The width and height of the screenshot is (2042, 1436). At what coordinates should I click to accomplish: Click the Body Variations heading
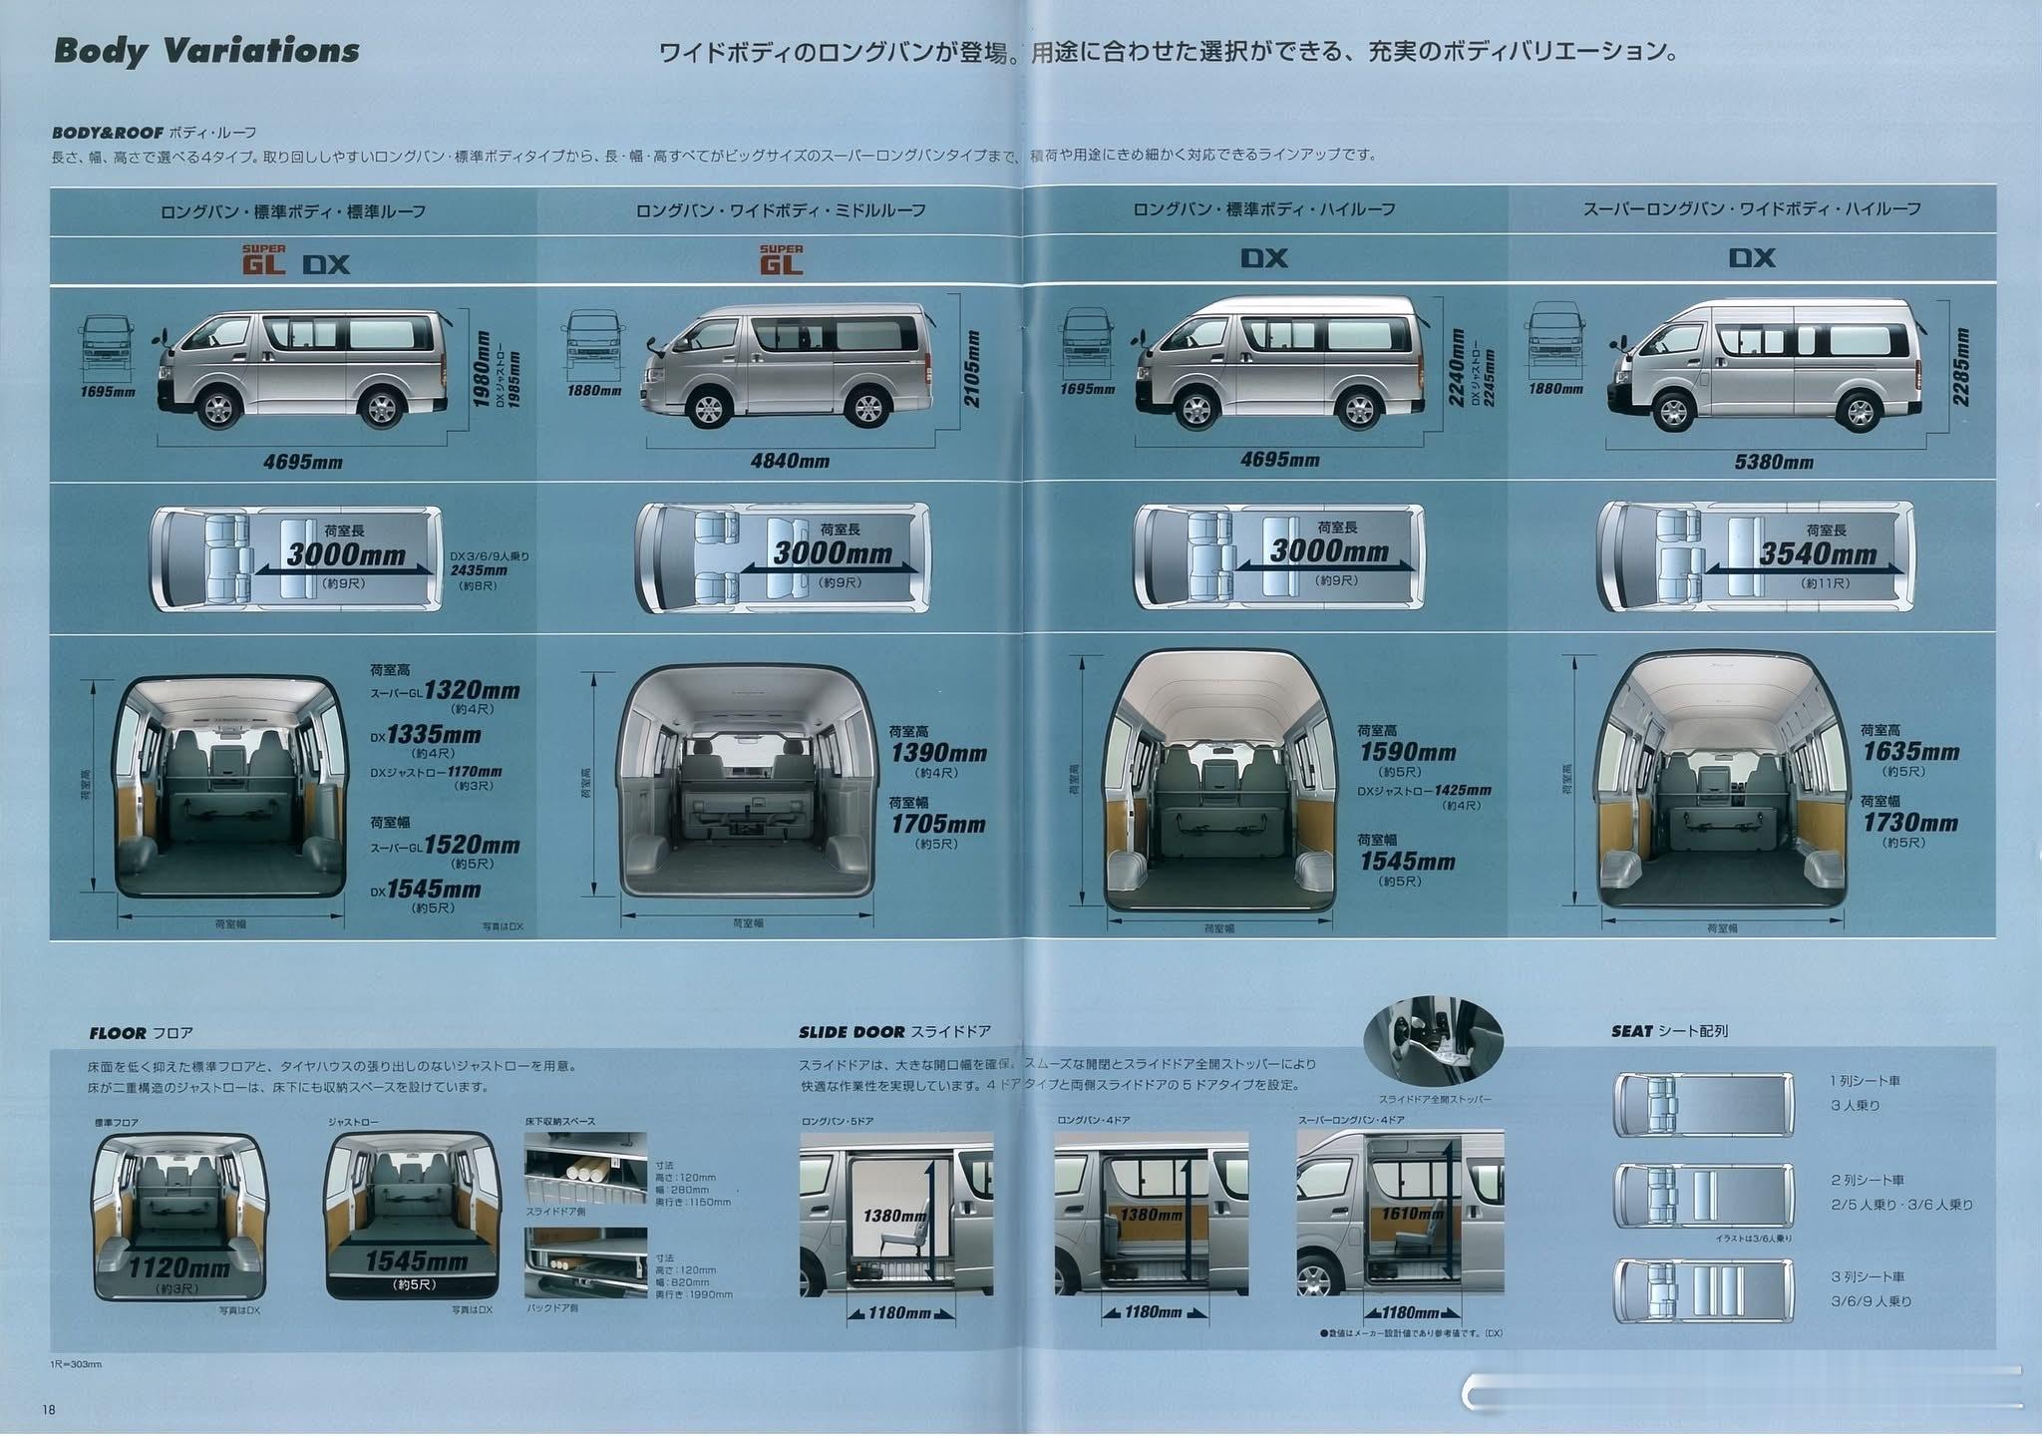[206, 51]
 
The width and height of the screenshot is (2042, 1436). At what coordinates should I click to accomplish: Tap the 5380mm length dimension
[1772, 462]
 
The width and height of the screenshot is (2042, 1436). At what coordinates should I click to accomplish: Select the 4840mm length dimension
[790, 461]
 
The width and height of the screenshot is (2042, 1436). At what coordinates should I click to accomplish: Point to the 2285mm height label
[1961, 366]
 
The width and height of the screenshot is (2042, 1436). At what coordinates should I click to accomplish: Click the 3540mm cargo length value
[1818, 554]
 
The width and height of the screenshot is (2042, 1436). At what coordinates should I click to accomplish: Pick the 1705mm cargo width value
[937, 825]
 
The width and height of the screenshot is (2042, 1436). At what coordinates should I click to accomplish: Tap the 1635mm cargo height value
[1910, 752]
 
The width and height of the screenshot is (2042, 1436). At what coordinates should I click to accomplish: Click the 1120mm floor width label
[179, 1267]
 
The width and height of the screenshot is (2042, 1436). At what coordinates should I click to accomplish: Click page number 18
[49, 1409]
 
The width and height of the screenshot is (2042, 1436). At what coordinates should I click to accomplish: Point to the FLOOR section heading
[141, 1033]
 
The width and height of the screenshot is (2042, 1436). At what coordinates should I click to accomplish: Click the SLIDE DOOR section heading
[893, 1032]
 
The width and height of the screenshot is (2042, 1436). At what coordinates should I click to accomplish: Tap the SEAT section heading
[1668, 1031]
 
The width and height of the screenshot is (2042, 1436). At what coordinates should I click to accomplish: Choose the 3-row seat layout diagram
[1702, 1290]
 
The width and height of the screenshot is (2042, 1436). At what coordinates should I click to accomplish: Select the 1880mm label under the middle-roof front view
[594, 391]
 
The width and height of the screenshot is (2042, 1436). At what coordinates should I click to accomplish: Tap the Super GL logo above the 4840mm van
[781, 260]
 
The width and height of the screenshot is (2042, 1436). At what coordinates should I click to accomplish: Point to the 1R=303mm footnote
[76, 1363]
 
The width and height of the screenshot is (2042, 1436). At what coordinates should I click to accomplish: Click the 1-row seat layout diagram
[1702, 1104]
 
